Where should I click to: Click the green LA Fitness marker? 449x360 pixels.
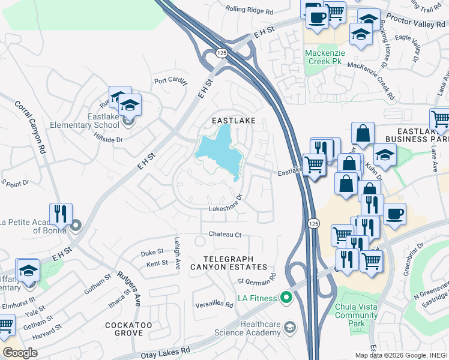coord(286,298)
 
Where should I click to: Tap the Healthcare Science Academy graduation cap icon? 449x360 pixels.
coord(290,327)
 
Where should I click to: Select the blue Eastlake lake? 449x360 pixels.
coord(220,150)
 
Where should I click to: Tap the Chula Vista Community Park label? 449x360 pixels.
coord(357,316)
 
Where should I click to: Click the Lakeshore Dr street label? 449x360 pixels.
coord(226,204)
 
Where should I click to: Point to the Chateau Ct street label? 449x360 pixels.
coord(224,234)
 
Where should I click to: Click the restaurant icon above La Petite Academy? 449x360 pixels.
coord(61,214)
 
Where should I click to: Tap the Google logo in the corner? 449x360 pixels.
coord(20,352)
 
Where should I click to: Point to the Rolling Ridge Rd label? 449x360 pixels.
coord(249,10)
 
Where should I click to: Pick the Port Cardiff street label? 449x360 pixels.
coord(170,81)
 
